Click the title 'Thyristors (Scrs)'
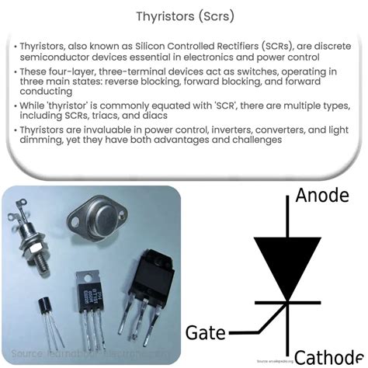pos(184,15)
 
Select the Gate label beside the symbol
pos(207,333)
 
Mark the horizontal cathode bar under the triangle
pos(288,301)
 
